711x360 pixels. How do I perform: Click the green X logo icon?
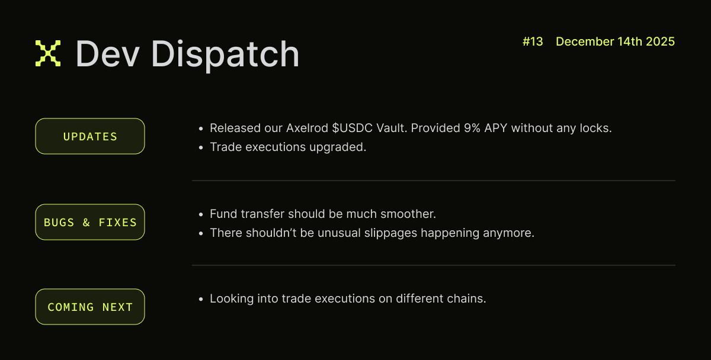48,53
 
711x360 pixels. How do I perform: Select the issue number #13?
533,41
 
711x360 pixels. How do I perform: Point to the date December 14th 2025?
615,41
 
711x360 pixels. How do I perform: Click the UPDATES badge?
90,136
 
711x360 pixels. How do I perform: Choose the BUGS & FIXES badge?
90,222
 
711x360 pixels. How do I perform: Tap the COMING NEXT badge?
90,307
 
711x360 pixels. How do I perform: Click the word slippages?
389,233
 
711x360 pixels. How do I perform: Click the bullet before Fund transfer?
201,214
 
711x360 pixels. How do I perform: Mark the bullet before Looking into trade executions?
201,298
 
